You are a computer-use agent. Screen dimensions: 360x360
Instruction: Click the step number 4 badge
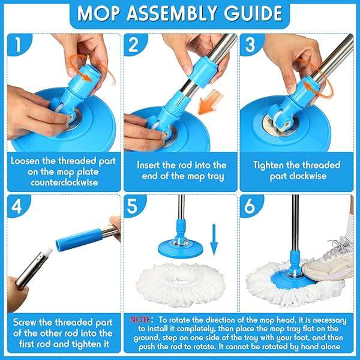tap(19, 205)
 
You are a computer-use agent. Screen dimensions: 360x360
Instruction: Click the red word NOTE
tap(142, 321)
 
